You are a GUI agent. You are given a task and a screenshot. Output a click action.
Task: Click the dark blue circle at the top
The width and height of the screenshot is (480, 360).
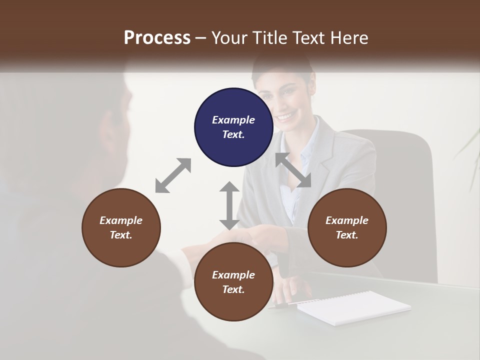click(233, 127)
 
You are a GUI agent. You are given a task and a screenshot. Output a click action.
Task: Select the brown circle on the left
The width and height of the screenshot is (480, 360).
click(121, 227)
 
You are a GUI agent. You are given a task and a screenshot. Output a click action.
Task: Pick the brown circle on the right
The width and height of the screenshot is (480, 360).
click(347, 227)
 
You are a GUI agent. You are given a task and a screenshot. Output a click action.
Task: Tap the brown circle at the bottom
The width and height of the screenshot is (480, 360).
click(233, 282)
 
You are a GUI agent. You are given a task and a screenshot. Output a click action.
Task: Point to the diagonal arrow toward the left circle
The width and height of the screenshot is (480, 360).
click(173, 175)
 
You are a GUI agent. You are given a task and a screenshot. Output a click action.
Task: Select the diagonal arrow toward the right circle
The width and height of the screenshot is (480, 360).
click(293, 170)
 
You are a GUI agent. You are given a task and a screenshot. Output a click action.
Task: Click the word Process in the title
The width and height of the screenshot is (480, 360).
click(157, 37)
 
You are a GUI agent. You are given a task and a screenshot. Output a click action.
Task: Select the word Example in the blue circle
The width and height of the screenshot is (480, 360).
click(233, 120)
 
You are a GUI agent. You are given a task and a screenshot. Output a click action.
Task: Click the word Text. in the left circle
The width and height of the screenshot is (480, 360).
click(121, 235)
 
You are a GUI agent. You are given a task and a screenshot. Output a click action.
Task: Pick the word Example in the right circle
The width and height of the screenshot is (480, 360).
click(347, 220)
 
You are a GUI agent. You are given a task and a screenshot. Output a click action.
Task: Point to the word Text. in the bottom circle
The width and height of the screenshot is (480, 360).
click(233, 289)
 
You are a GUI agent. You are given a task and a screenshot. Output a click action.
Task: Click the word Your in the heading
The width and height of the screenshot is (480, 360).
click(230, 37)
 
